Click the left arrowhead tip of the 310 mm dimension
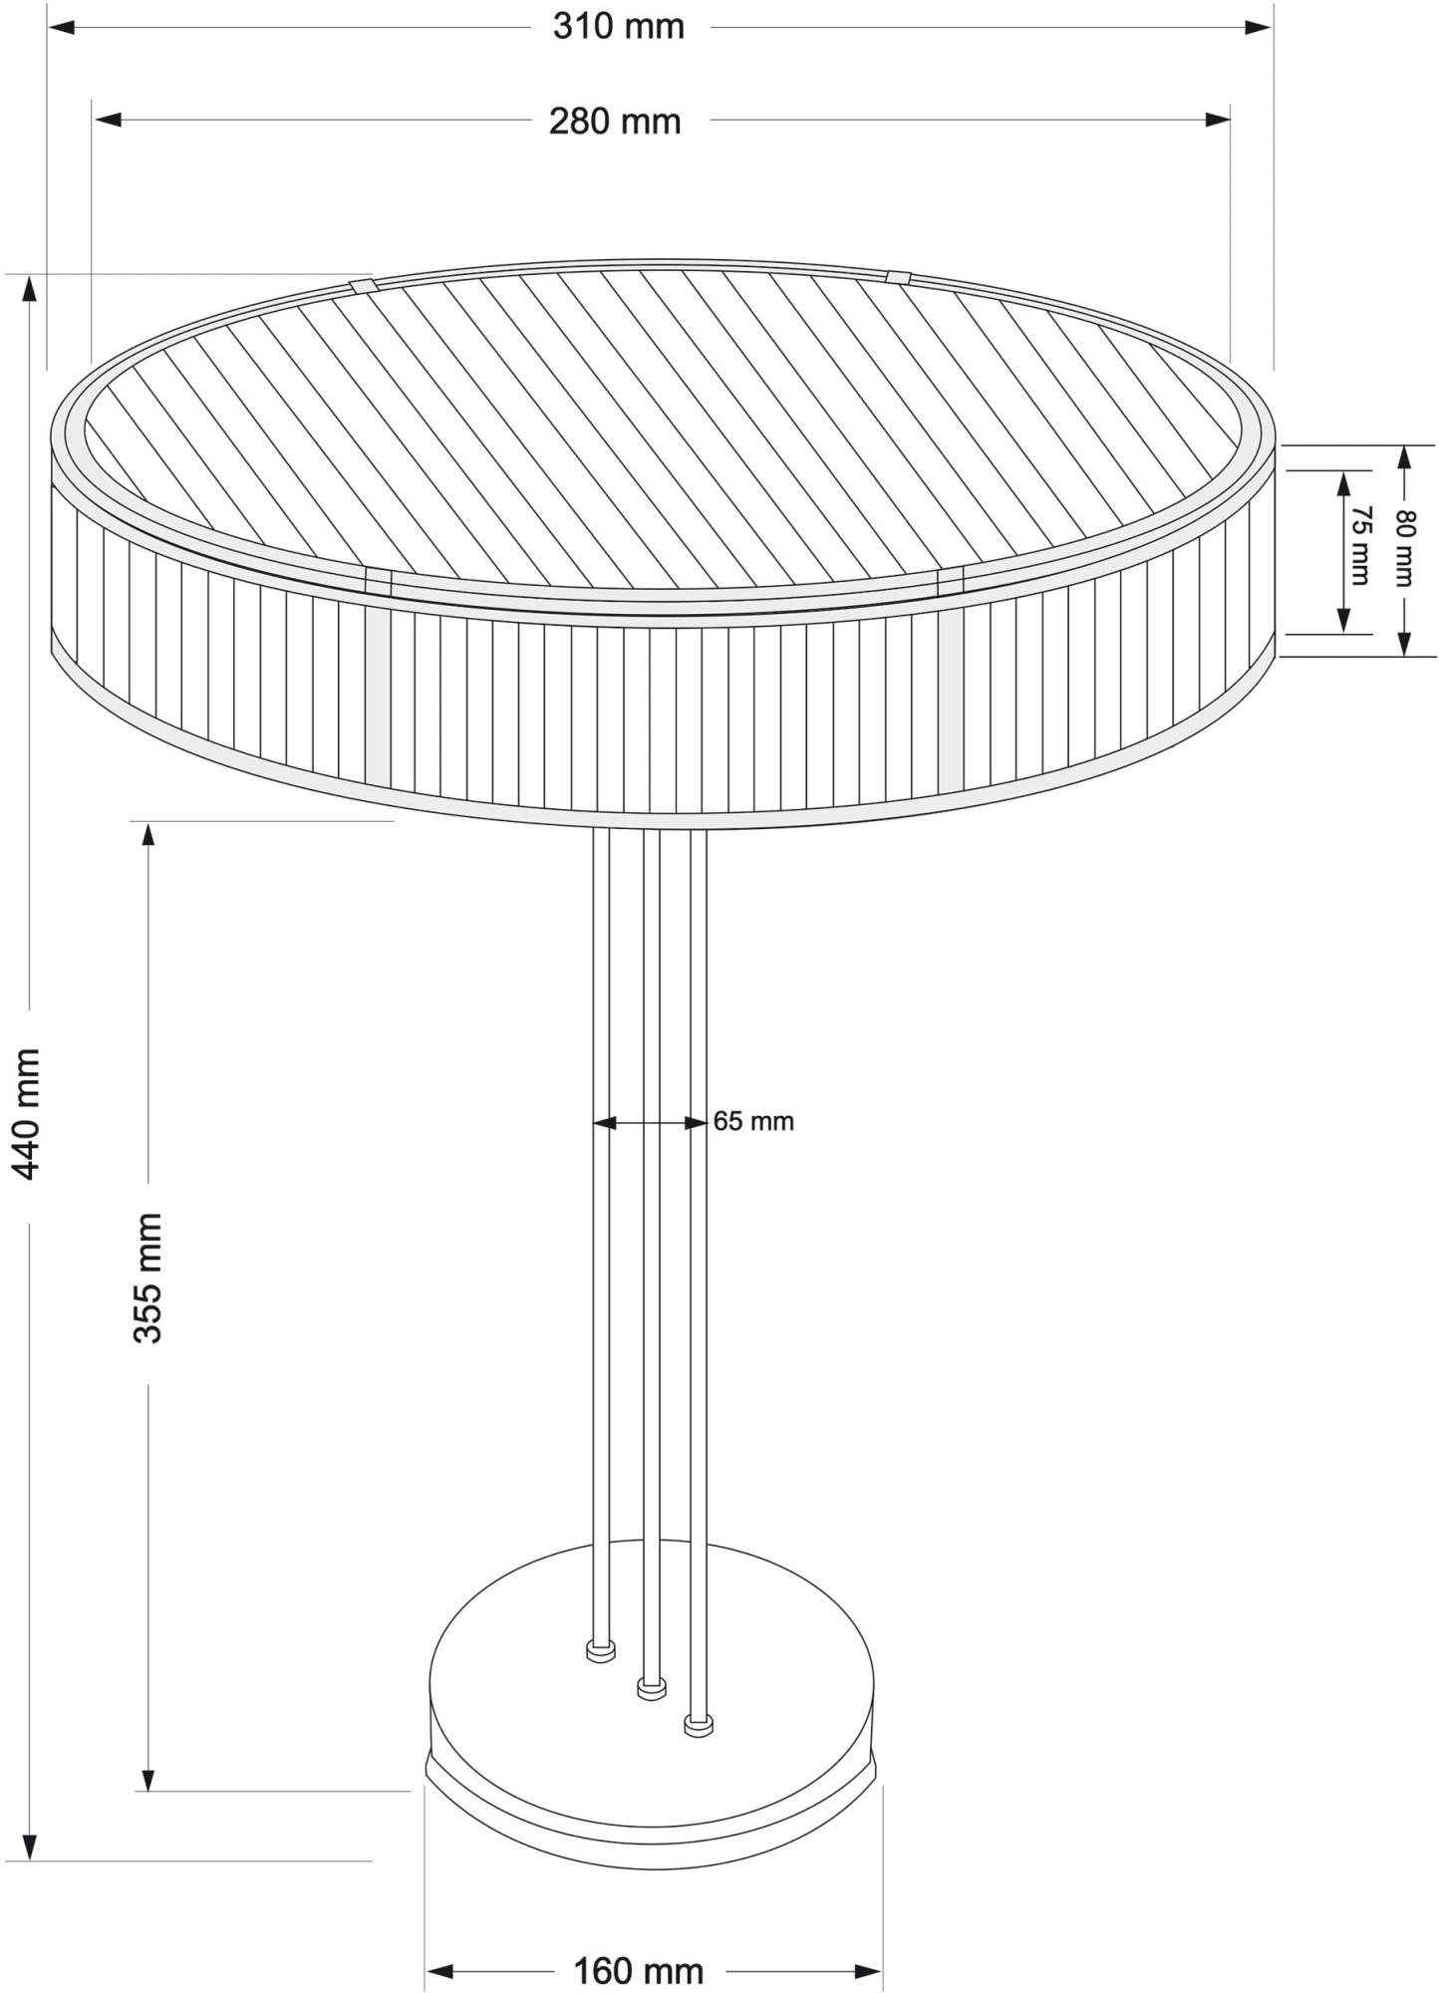point(49,28)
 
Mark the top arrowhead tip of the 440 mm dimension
point(30,275)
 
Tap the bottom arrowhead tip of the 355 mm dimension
point(148,1790)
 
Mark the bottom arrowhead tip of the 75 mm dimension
point(1343,632)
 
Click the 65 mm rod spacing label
point(753,1121)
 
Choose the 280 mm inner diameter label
point(615,121)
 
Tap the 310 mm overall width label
point(619,26)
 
